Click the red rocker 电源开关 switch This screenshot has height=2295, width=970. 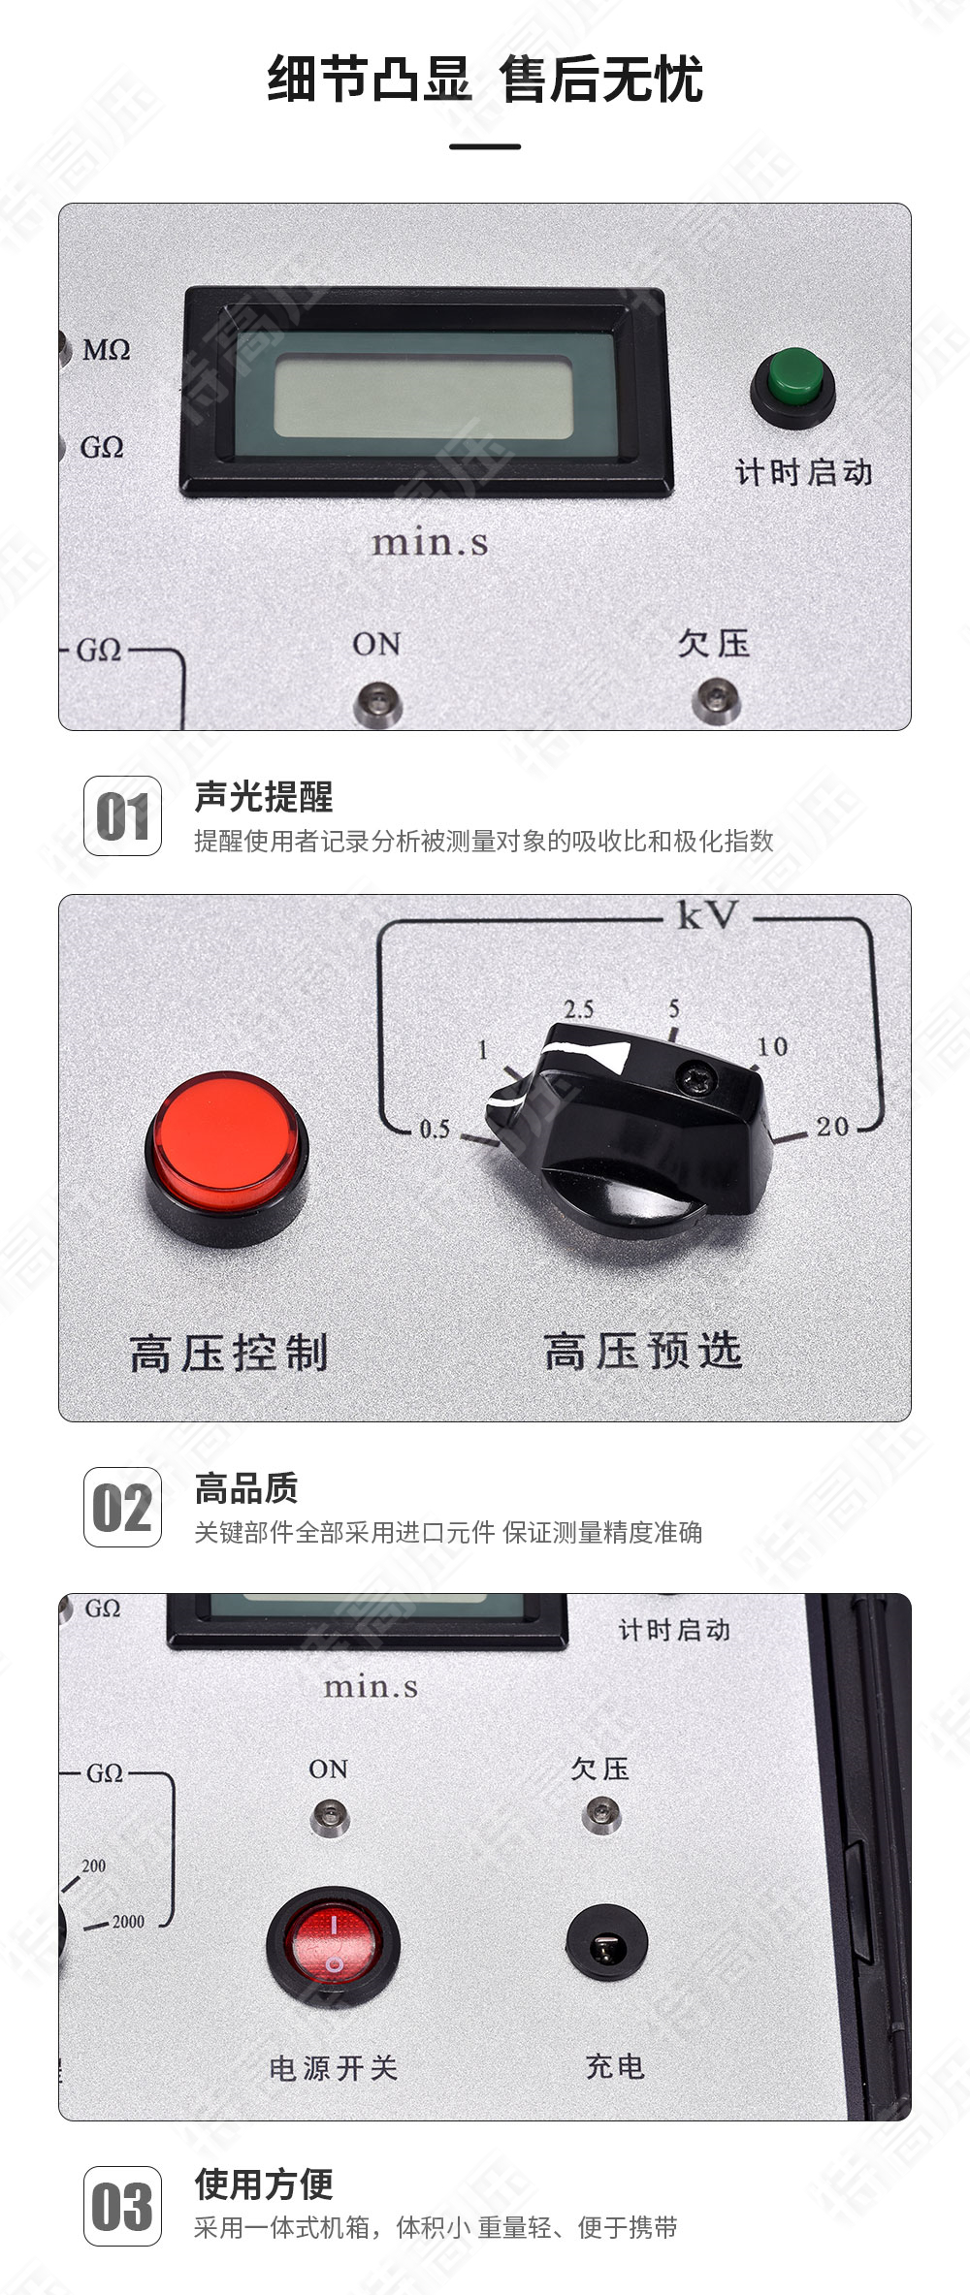tap(333, 1945)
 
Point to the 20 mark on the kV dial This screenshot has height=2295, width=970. tap(832, 1127)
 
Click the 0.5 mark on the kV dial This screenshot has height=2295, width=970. tap(434, 1129)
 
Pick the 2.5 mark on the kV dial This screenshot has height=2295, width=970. tap(579, 1008)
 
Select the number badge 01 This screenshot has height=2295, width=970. tap(122, 816)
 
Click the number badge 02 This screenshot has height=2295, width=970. tap(122, 1508)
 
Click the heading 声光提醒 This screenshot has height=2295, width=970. tap(264, 797)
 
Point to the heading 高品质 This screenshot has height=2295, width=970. tap(246, 1488)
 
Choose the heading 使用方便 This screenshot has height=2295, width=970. tap(264, 2184)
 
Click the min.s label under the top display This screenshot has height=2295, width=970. tap(430, 542)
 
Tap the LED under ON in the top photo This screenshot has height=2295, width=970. tap(376, 701)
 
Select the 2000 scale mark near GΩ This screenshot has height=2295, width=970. tap(127, 1921)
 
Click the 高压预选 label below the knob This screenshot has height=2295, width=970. tap(643, 1351)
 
